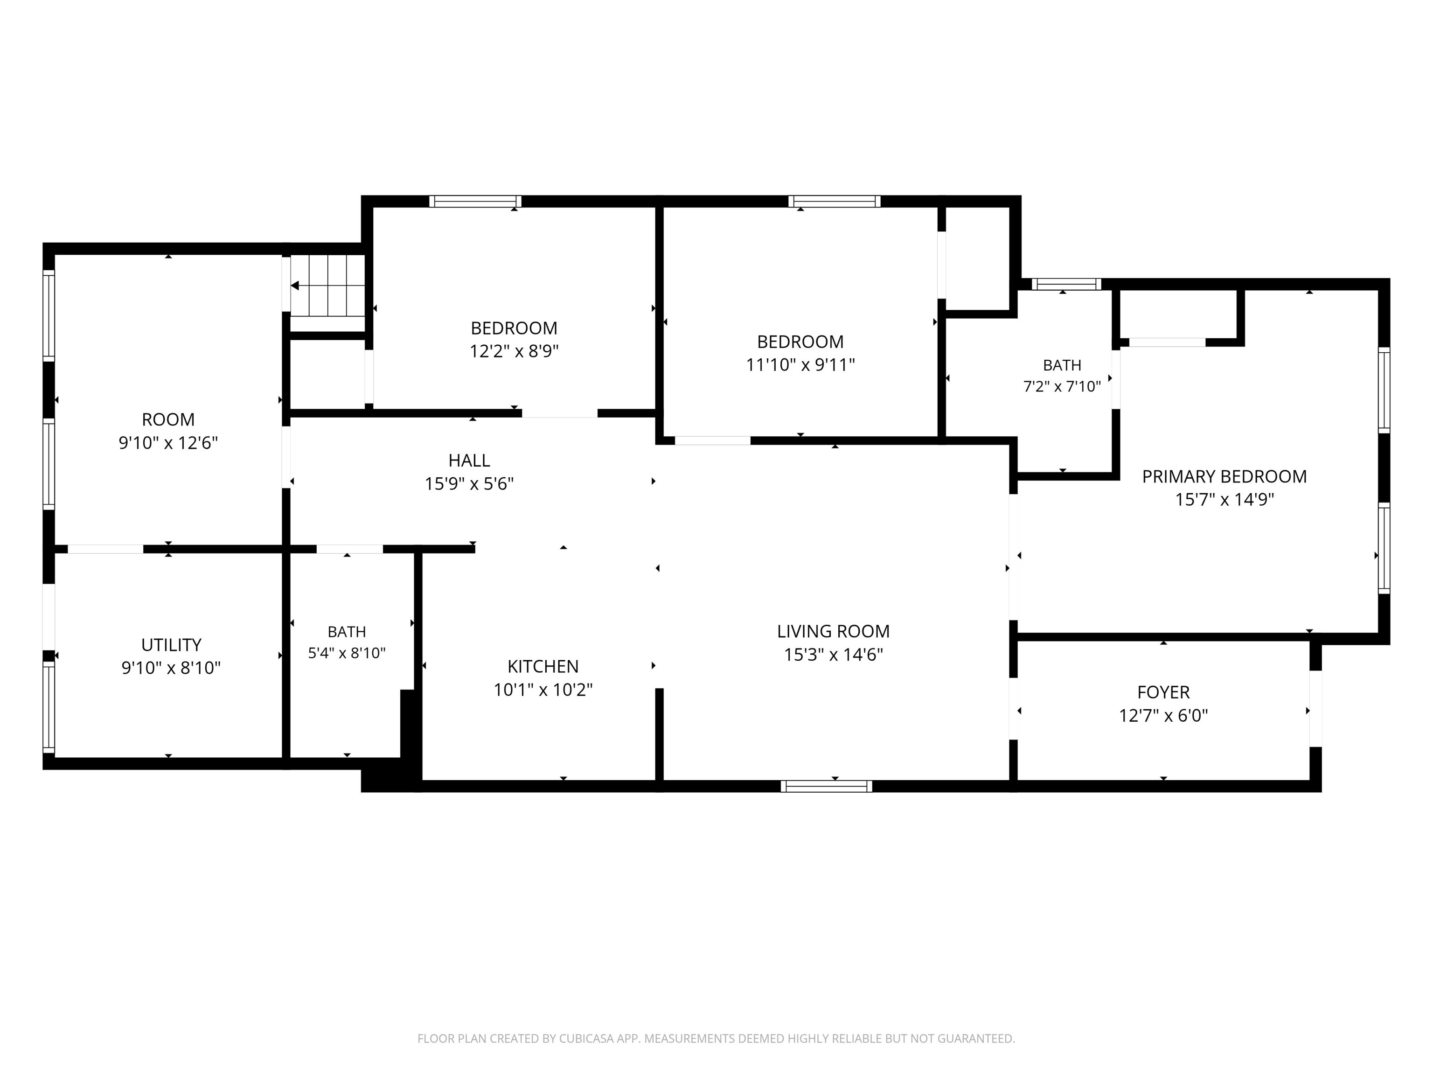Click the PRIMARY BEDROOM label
(1224, 476)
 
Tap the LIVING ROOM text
(833, 631)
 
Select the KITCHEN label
(543, 666)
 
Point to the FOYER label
(1163, 692)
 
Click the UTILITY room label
(171, 645)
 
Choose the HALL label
(469, 461)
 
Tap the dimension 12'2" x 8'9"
(514, 351)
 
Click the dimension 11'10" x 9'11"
(800, 365)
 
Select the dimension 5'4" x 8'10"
(347, 653)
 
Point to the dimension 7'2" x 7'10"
(1062, 387)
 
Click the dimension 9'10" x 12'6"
(168, 443)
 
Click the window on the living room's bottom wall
(826, 786)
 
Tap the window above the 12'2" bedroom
(475, 201)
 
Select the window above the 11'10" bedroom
(835, 201)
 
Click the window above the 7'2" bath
(1066, 284)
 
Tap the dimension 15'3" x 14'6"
(833, 655)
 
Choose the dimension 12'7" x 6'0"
(1163, 715)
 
